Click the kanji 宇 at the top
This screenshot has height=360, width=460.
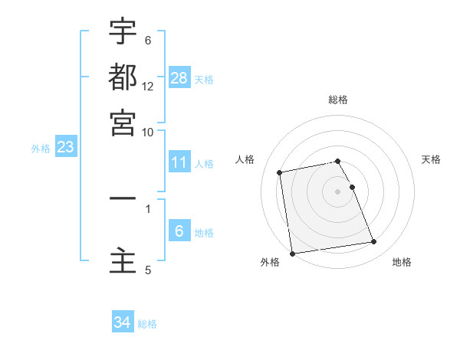pos(123,32)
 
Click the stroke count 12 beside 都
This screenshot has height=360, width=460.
pos(148,87)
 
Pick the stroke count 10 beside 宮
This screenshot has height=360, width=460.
pos(148,131)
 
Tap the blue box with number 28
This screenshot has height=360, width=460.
pos(179,77)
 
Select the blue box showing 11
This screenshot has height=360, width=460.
pos(179,162)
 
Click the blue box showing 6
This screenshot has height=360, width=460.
pos(179,231)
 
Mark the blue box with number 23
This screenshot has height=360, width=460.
pos(65,147)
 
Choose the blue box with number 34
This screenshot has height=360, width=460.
pos(123,322)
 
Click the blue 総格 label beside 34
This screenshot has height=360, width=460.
pos(147,324)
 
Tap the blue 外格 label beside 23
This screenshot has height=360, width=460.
pos(40,149)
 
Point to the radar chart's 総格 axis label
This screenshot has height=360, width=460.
pos(338,100)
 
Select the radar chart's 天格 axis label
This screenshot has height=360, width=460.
pos(431,159)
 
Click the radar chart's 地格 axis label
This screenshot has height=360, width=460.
pos(402,262)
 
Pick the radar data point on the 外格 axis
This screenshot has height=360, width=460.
pos(291,254)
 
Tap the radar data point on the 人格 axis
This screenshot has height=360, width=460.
pos(280,172)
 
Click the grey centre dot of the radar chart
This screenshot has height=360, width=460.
pos(338,191)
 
